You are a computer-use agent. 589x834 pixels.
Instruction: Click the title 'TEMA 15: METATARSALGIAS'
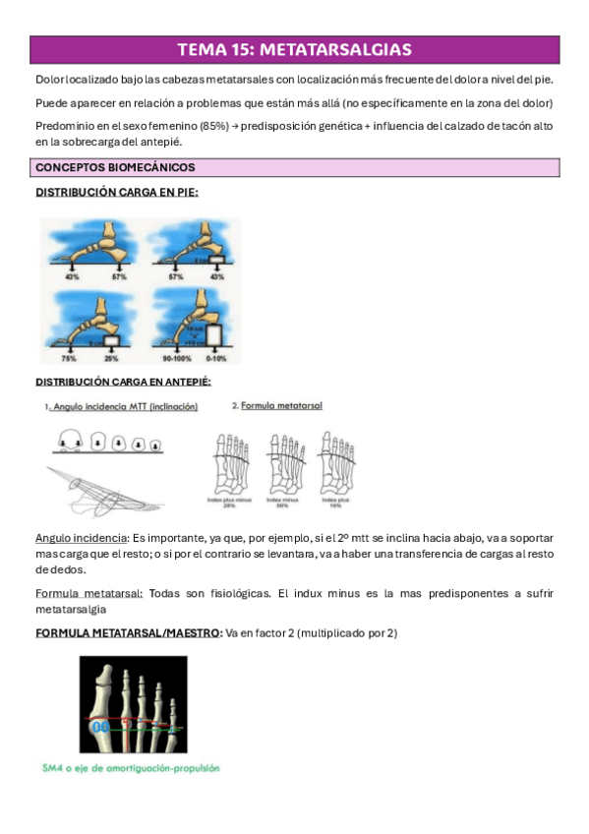pos(294,49)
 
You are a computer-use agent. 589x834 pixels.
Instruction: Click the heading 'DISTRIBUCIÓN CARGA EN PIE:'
pos(117,193)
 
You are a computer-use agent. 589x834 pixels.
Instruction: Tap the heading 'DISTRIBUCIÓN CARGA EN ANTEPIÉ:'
pos(124,382)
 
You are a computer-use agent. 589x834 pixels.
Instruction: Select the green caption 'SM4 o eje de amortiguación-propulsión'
pos(131,768)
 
